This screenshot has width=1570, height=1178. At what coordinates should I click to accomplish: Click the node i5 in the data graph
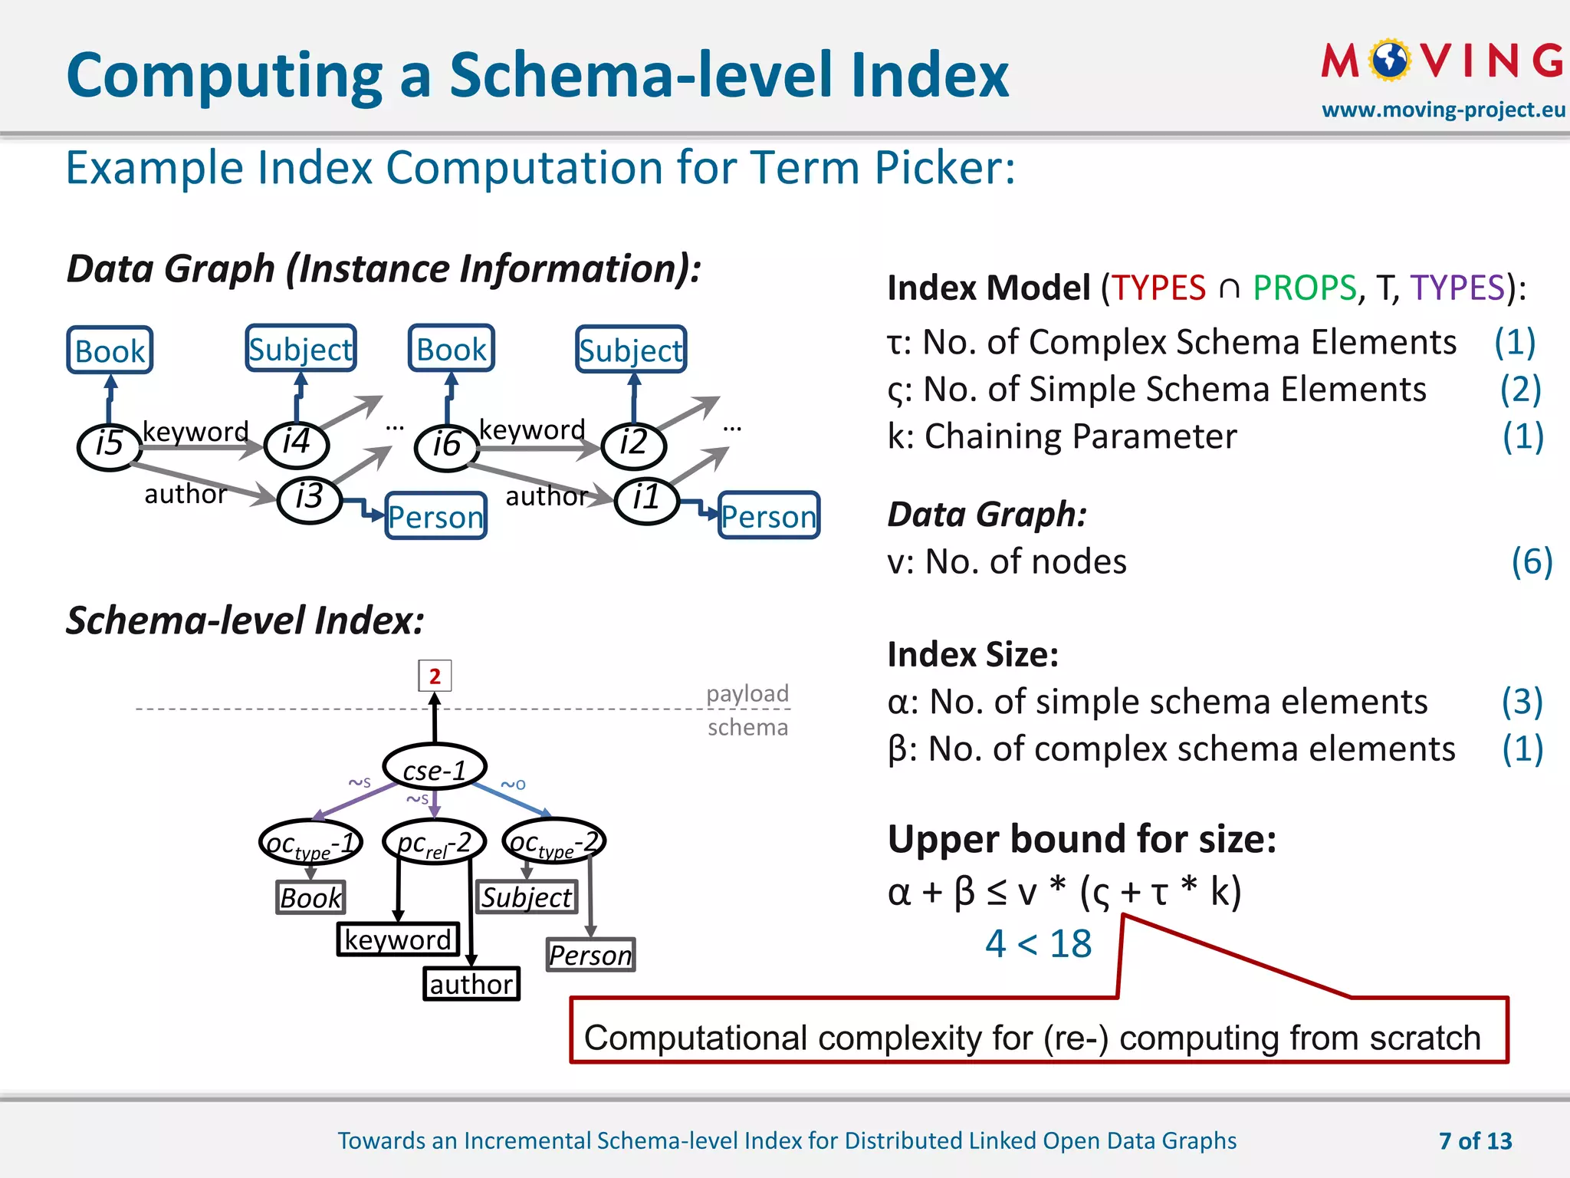(x=110, y=445)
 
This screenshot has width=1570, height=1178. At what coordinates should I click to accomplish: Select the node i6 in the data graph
(x=447, y=446)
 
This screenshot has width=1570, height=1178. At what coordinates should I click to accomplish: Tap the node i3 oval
(x=309, y=499)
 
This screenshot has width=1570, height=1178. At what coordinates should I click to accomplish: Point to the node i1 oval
(x=646, y=499)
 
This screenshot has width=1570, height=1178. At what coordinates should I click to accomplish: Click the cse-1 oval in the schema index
(x=435, y=768)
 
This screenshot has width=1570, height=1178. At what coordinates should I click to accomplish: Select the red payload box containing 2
(x=435, y=676)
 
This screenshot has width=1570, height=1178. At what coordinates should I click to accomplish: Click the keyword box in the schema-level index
(x=398, y=939)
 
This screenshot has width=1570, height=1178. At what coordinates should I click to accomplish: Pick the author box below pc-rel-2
(x=471, y=984)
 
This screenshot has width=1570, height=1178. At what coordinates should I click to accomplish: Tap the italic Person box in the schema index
(x=590, y=955)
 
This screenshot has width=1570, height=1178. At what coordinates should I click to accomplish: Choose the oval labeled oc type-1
(x=310, y=844)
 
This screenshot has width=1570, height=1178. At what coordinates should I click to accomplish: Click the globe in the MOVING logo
(x=1390, y=61)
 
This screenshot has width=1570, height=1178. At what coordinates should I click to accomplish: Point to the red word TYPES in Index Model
(x=1158, y=288)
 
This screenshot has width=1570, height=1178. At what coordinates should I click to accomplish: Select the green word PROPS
(x=1304, y=288)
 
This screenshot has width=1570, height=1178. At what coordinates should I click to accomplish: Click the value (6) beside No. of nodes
(x=1531, y=561)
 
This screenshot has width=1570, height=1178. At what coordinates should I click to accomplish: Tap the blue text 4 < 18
(x=1038, y=943)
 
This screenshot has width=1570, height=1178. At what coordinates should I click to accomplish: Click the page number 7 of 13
(x=1475, y=1141)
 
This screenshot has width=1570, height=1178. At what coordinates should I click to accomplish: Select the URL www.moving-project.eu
(x=1443, y=110)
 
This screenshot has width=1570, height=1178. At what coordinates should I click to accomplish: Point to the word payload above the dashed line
(x=747, y=693)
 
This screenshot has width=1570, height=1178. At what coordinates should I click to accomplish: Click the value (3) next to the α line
(x=1522, y=702)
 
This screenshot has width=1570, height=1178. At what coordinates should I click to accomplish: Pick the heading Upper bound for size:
(x=1082, y=839)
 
